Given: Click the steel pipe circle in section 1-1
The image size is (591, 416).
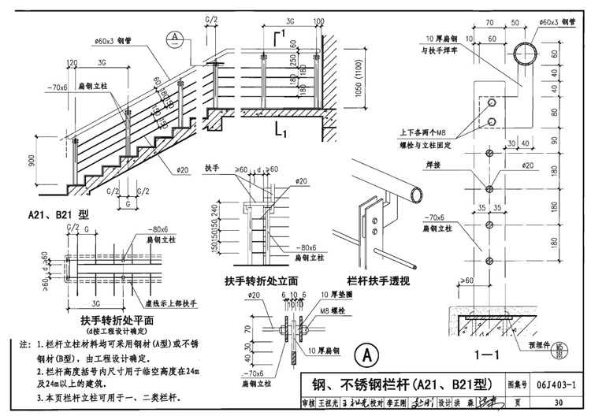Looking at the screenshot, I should pyautogui.click(x=527, y=55).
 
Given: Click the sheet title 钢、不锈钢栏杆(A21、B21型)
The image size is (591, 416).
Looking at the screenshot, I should pyautogui.click(x=397, y=384).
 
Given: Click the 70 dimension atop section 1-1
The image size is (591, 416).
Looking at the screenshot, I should pyautogui.click(x=489, y=23).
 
